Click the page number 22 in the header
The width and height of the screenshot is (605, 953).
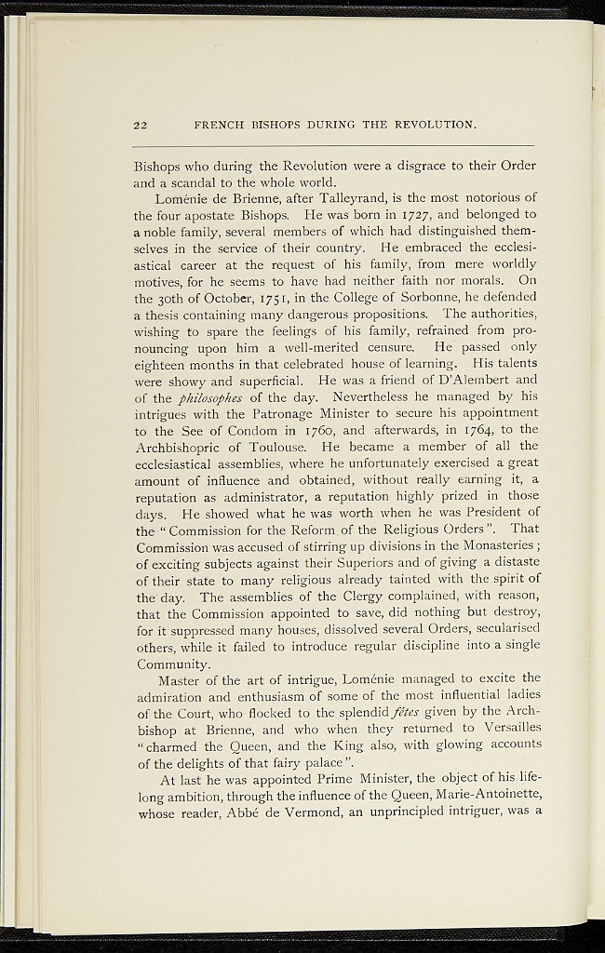pos(142,125)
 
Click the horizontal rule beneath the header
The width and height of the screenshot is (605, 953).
pos(334,146)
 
